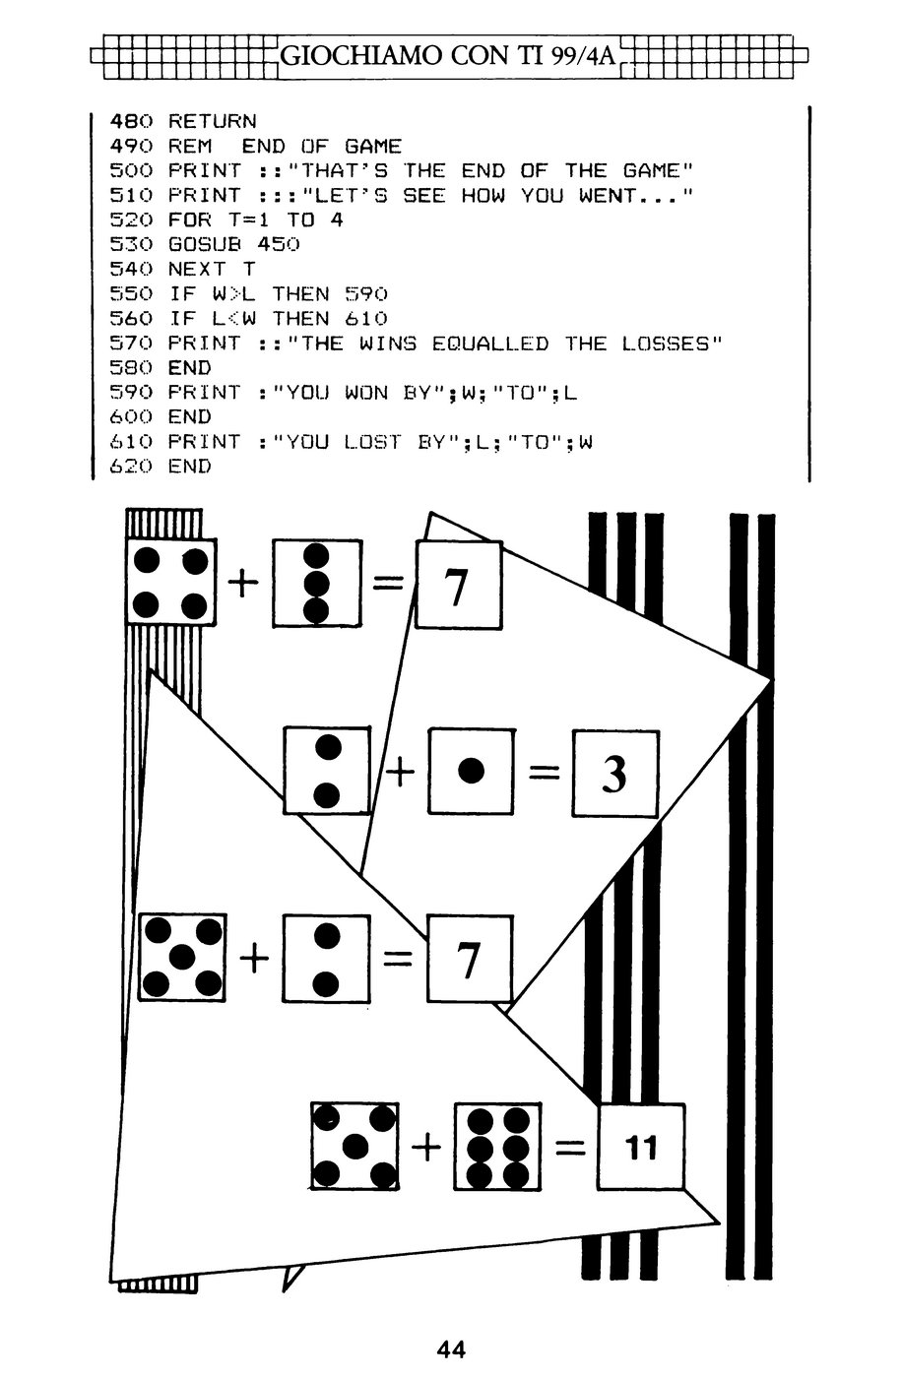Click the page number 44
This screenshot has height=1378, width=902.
[451, 1349]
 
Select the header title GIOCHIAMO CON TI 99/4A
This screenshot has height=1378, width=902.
[447, 56]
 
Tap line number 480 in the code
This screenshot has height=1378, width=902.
[130, 121]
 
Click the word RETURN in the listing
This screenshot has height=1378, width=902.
[213, 121]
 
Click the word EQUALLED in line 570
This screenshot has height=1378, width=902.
[489, 344]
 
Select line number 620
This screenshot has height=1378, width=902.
[130, 467]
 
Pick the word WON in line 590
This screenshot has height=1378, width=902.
[366, 393]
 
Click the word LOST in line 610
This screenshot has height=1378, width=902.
[372, 442]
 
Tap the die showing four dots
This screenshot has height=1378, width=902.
[171, 582]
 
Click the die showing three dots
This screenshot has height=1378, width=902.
[317, 584]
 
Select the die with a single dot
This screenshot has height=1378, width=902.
[472, 771]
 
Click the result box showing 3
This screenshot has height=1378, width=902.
[615, 774]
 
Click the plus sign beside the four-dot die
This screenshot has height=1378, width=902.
[243, 582]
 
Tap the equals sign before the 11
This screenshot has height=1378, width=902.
[570, 1147]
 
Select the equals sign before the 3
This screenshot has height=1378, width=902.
[545, 772]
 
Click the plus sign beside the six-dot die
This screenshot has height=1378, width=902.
[425, 1147]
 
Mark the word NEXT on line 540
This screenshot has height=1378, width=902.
[197, 269]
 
